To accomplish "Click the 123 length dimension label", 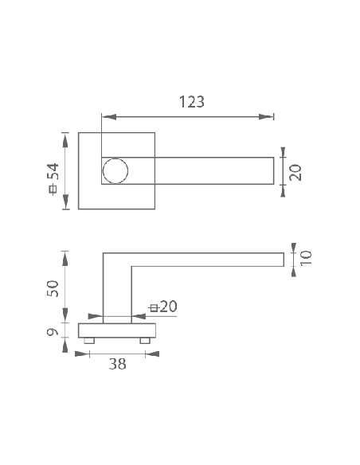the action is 192,102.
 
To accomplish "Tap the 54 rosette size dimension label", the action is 55,171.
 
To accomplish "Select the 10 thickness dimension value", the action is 306,258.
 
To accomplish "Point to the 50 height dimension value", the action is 53,288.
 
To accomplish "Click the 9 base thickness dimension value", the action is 53,332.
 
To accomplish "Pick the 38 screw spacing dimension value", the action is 118,364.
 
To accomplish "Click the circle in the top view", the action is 115,171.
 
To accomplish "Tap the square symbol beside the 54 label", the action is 53,189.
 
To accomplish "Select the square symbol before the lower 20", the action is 153,308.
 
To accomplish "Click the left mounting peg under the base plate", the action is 89,341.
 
